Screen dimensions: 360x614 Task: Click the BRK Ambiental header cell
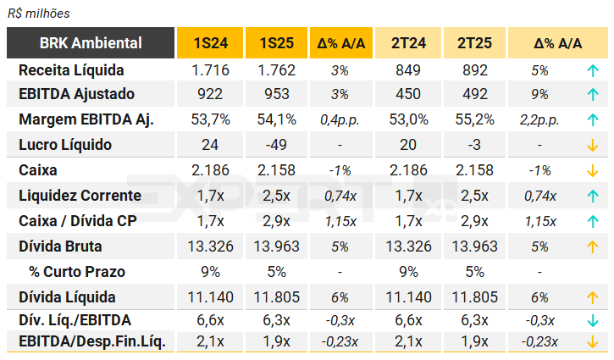click(91, 43)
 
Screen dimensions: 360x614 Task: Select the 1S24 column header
click(209, 43)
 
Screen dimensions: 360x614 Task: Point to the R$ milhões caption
click(38, 14)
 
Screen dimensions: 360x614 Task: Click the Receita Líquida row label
click(72, 69)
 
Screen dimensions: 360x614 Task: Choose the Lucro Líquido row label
click(65, 145)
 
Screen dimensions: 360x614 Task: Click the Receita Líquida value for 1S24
click(209, 69)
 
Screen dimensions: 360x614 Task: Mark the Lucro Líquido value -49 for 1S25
click(275, 145)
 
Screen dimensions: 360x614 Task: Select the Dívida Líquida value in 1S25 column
click(275, 297)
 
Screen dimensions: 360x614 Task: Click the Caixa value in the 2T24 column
click(409, 170)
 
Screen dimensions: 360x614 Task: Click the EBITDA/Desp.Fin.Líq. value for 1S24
click(209, 341)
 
